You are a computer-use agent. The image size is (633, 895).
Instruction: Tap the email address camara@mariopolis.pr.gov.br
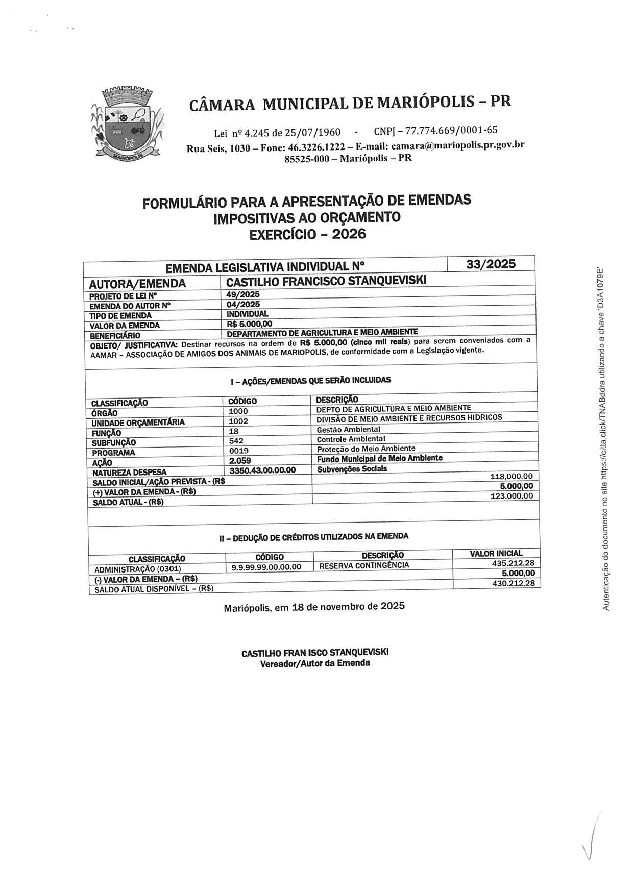click(x=458, y=145)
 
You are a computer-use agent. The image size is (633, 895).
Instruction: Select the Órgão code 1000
click(x=238, y=411)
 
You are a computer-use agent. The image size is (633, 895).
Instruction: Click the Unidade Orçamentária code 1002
click(x=238, y=421)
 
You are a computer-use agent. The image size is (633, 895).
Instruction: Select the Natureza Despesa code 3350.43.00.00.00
click(x=262, y=470)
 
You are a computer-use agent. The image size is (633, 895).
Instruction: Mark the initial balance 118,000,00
click(x=511, y=476)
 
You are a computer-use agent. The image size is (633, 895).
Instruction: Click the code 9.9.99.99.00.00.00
click(x=266, y=567)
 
